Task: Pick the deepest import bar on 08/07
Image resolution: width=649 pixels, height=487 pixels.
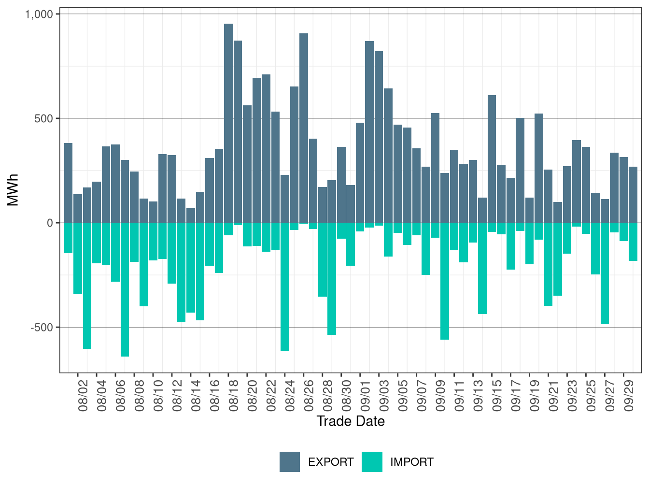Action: point(125,289)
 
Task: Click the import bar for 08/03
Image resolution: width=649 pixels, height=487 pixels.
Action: point(87,286)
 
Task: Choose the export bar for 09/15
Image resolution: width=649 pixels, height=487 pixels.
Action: point(492,159)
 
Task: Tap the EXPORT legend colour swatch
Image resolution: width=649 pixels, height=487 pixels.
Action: point(290,462)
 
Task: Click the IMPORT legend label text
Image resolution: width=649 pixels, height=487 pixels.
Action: point(411,462)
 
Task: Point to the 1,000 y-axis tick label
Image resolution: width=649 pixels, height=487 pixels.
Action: point(38,14)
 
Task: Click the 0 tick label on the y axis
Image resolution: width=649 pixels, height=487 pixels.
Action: point(50,223)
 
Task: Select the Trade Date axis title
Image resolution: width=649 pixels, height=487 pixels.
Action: point(351,421)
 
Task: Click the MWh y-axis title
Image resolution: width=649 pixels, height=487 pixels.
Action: point(13,190)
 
